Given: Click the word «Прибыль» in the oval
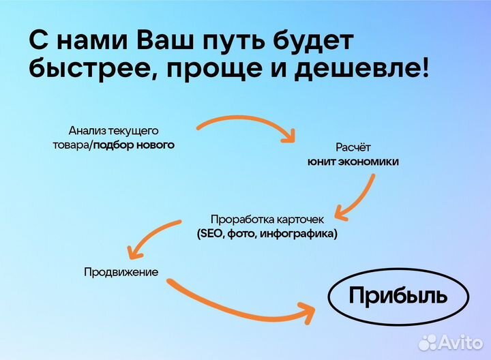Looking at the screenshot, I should [x=398, y=296].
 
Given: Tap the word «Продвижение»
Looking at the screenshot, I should [x=121, y=272].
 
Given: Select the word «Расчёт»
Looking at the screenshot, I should [x=353, y=147].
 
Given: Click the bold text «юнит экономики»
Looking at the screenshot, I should [x=353, y=162].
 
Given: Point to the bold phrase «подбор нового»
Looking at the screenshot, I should [x=134, y=145].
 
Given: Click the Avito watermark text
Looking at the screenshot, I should [x=461, y=342].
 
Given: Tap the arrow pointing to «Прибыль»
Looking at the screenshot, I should [x=239, y=303].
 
